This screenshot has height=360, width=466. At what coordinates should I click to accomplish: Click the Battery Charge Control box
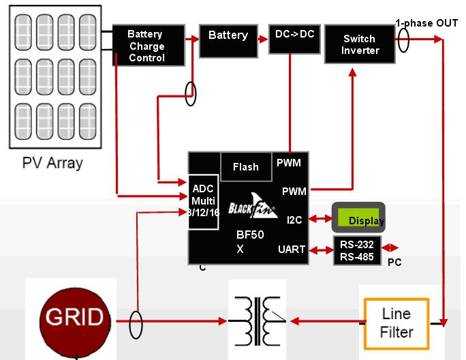[146, 46]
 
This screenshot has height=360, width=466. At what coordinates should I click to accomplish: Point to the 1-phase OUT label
[427, 23]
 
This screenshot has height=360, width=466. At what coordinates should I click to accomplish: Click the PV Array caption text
[52, 163]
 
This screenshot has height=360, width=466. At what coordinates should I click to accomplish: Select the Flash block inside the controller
[245, 166]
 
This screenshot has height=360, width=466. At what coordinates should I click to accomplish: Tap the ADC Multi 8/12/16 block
[203, 200]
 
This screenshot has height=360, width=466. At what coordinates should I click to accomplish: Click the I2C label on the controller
[295, 219]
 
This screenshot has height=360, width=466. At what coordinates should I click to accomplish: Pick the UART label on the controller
[292, 250]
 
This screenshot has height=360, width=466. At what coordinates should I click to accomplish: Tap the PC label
[394, 262]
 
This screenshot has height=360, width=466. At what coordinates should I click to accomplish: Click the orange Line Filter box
[396, 323]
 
